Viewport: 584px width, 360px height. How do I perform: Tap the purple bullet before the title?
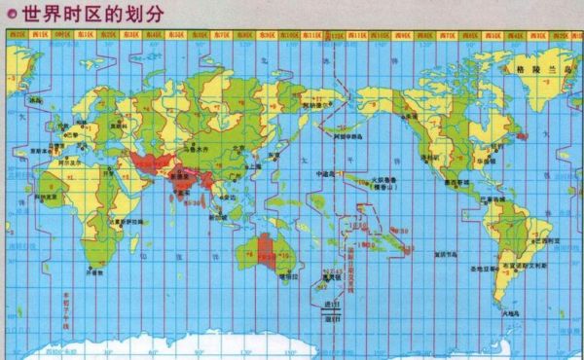11,14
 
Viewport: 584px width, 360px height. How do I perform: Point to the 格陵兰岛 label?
537,70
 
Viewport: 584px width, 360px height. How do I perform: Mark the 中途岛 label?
327,173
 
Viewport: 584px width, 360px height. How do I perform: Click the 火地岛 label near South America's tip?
506,314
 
